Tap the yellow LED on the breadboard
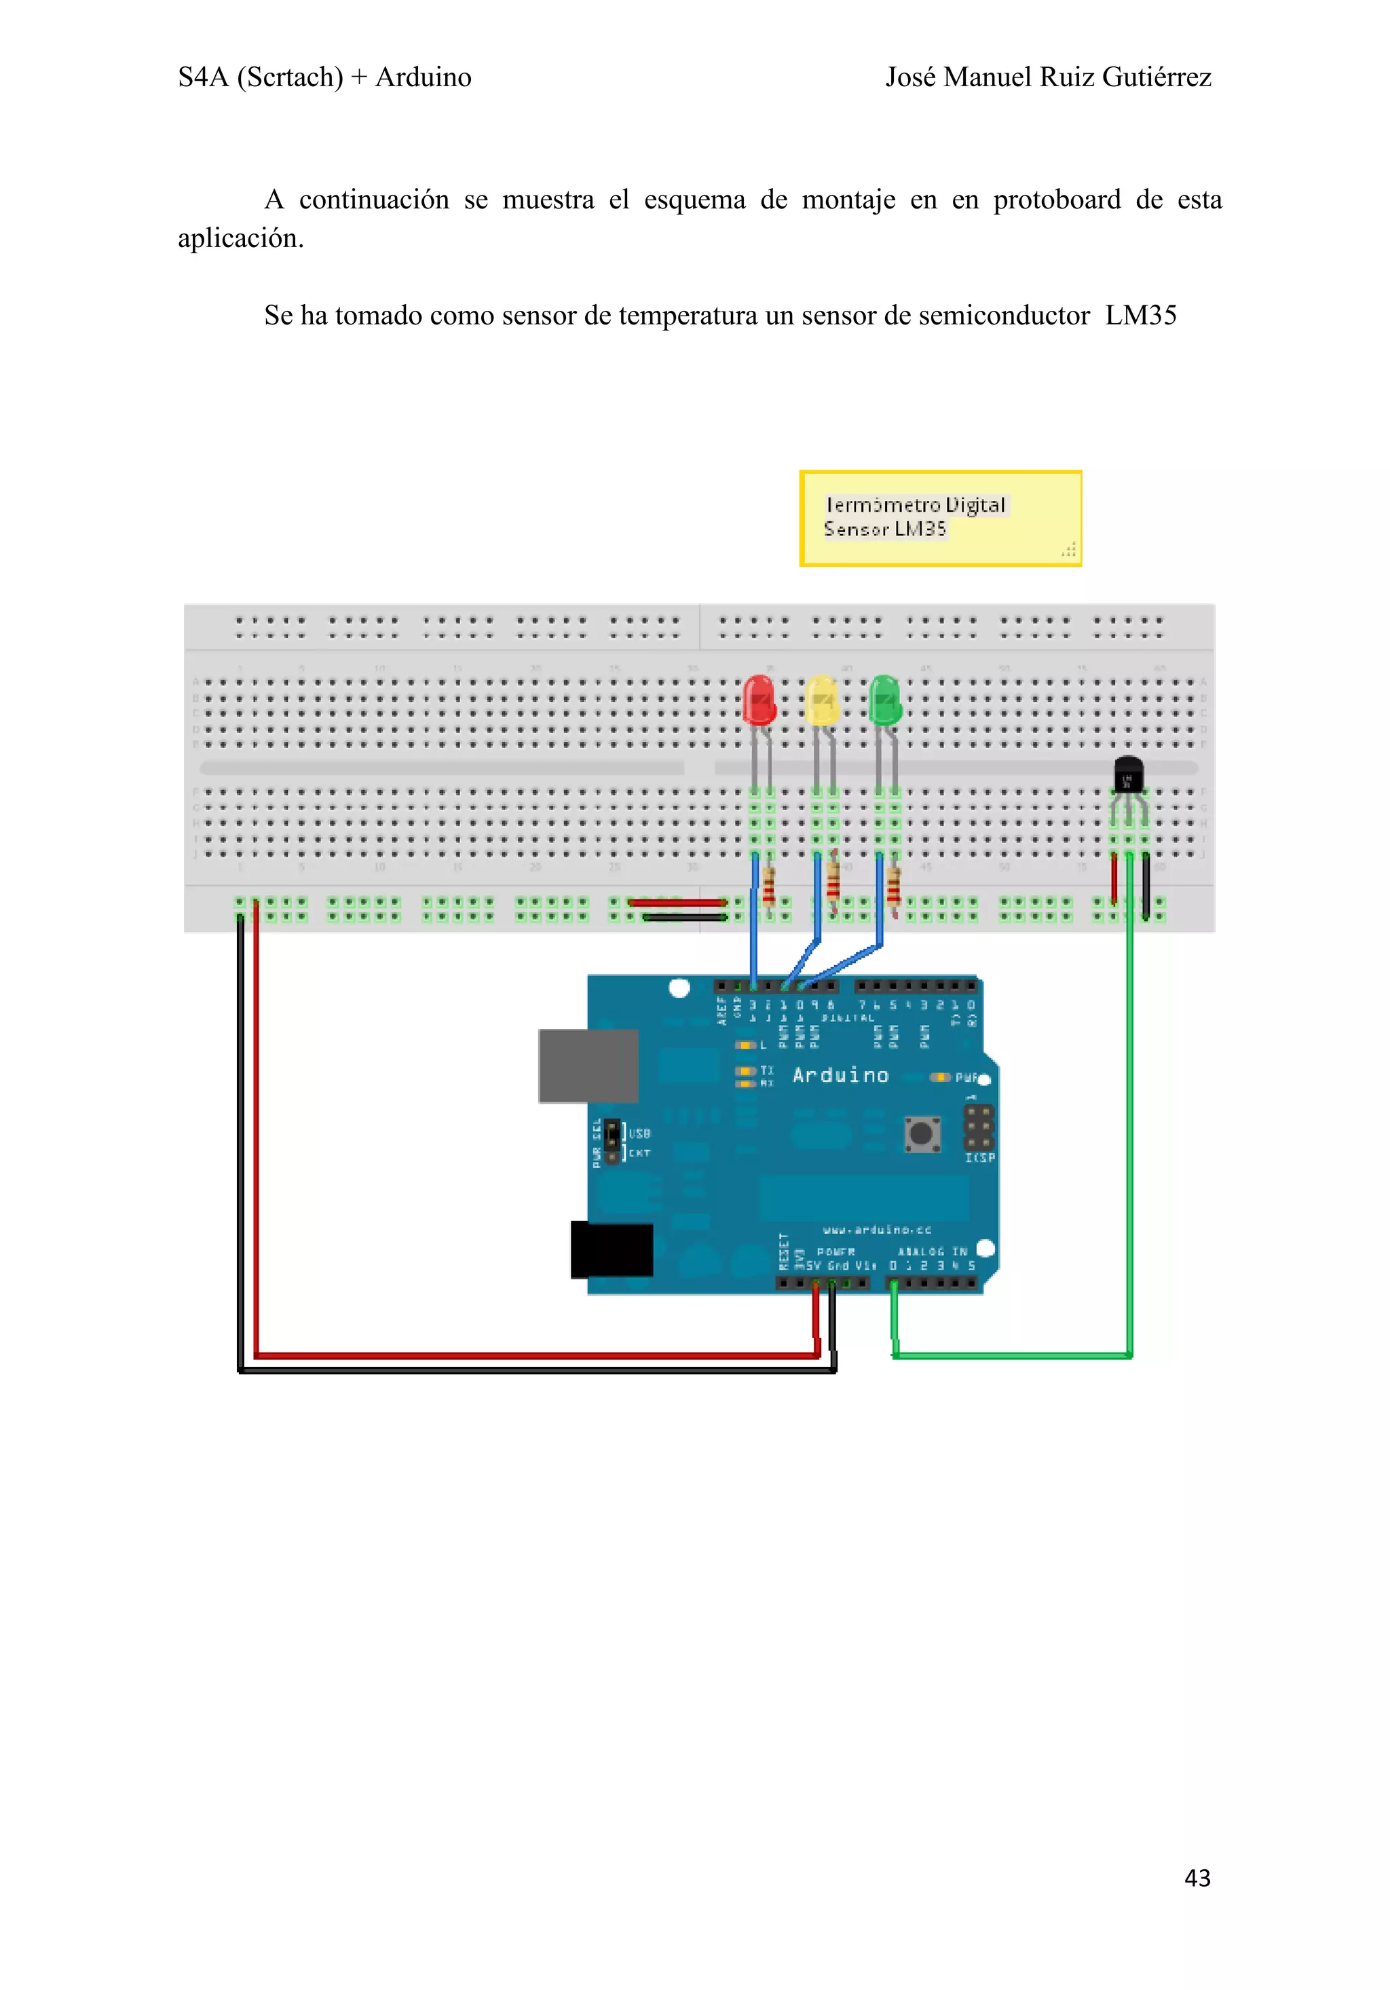[821, 700]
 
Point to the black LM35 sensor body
[1127, 773]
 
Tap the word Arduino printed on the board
[841, 1076]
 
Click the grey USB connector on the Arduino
[588, 1065]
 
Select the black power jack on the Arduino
[612, 1249]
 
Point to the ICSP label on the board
[980, 1158]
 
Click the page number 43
[1197, 1877]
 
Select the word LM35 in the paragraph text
[1140, 316]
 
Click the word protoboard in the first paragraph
[1056, 200]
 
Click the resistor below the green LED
[893, 886]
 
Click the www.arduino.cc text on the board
[877, 1230]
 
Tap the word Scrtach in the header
[290, 77]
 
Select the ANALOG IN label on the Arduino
[933, 1252]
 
